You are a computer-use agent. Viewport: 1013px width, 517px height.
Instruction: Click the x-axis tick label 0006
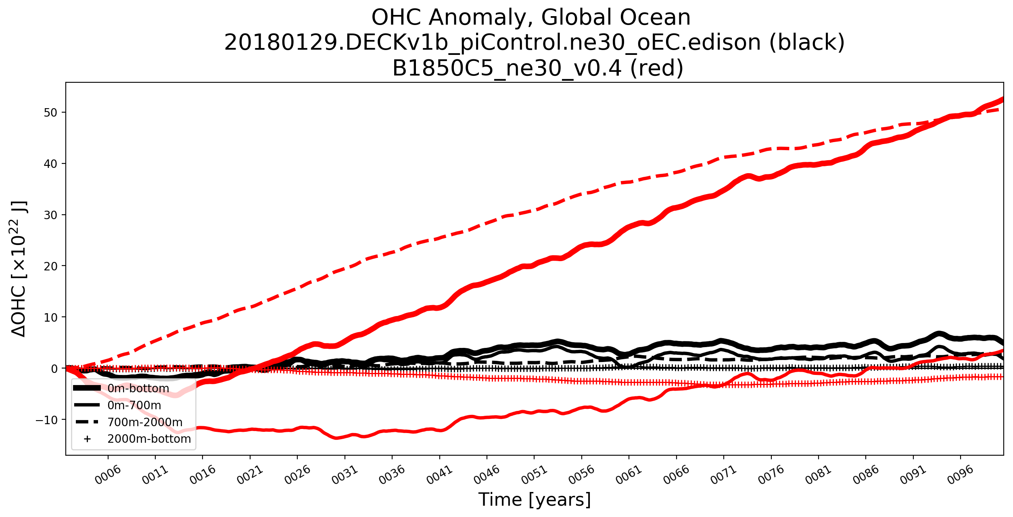pos(108,475)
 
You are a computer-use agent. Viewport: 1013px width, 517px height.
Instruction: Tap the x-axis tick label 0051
pos(534,475)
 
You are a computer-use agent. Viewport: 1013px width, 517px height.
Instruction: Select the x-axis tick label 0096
pos(960,475)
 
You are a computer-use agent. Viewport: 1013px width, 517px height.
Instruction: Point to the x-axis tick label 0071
pos(723,475)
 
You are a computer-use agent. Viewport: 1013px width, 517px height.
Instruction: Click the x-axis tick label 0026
pos(297,475)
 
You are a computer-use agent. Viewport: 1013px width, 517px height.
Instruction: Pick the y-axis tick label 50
pos(50,113)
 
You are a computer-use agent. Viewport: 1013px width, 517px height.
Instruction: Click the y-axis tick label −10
pos(47,420)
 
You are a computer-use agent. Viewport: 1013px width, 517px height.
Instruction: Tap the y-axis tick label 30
pos(50,215)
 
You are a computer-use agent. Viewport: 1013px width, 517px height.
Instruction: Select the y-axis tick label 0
pos(54,369)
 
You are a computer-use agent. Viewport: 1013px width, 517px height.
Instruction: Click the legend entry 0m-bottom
pos(138,389)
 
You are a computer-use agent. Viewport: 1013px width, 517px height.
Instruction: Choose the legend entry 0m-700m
pos(134,406)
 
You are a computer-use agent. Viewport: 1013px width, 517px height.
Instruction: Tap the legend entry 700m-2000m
pos(145,423)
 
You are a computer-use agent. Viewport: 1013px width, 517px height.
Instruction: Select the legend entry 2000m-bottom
pos(149,439)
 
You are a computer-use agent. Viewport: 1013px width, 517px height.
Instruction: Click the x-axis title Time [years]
pos(535,500)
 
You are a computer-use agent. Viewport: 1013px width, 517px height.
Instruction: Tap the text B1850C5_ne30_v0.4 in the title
pos(506,68)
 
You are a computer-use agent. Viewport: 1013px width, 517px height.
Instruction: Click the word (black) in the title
pos(807,43)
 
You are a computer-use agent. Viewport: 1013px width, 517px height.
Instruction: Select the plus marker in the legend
pos(87,439)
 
